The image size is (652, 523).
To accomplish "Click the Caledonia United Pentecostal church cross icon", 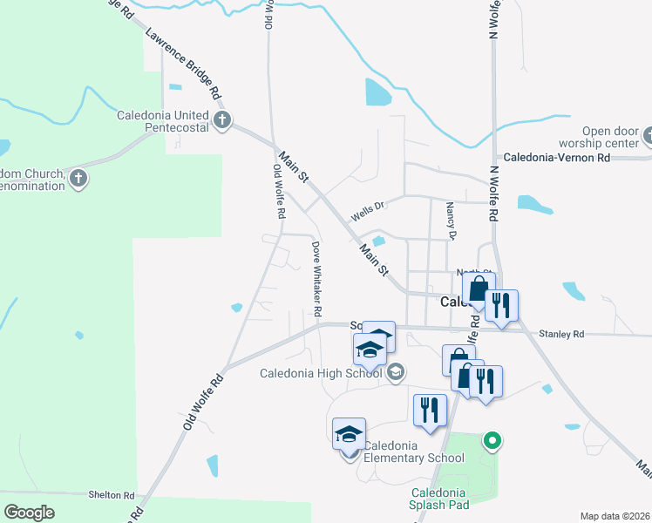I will tap(222, 119).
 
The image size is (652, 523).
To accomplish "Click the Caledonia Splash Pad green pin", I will tap(492, 441).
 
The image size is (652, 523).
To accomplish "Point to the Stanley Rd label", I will tap(560, 333).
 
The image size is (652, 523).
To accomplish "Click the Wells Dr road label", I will tap(367, 211).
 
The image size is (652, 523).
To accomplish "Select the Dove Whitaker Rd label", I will tap(316, 279).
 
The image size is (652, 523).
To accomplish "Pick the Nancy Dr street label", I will tap(451, 221).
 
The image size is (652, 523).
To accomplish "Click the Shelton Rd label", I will tap(112, 494).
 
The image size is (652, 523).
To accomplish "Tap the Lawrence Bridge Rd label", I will tap(184, 65).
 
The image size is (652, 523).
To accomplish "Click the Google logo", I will tap(30, 513).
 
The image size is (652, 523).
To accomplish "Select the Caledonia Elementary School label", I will tap(413, 452).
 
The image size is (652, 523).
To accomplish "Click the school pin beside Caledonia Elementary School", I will tap(349, 434).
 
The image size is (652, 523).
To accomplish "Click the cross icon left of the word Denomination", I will tap(78, 180).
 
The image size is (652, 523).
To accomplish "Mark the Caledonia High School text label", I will tap(322, 373).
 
